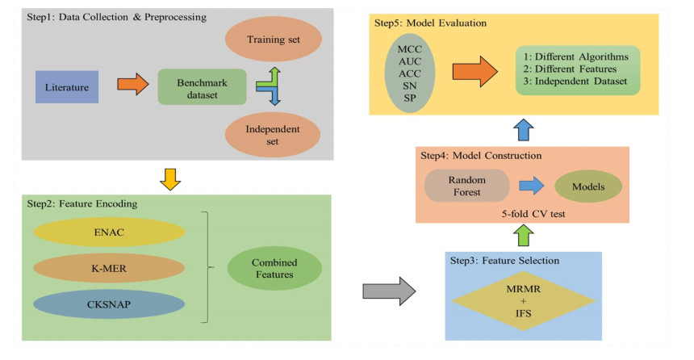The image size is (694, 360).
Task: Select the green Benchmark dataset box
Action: coord(201,86)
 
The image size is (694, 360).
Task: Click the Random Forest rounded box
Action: coord(466,186)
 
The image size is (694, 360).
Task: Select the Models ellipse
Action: coord(588,186)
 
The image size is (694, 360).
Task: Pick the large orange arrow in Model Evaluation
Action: coord(475,72)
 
